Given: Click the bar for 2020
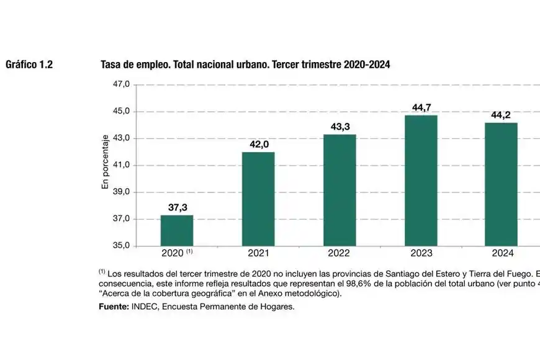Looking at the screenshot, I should [177, 230].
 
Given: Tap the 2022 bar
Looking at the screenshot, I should [340, 190].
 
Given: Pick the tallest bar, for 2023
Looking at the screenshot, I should [421, 180].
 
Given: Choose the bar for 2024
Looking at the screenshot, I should [501, 184].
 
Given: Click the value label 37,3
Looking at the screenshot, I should [178, 208].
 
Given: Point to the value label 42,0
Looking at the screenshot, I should [259, 145].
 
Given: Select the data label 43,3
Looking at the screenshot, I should [340, 127].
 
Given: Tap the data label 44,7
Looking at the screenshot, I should [421, 108].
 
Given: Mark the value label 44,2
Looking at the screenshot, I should [502, 115].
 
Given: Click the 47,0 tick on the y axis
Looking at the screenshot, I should [120, 84].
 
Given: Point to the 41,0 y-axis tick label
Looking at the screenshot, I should [120, 165].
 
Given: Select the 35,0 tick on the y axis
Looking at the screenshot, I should [120, 246].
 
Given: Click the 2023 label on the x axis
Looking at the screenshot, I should [421, 253].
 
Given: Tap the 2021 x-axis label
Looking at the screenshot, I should [258, 253].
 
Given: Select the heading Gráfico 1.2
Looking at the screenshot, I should [29, 65].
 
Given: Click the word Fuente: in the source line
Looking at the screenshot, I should [114, 306].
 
